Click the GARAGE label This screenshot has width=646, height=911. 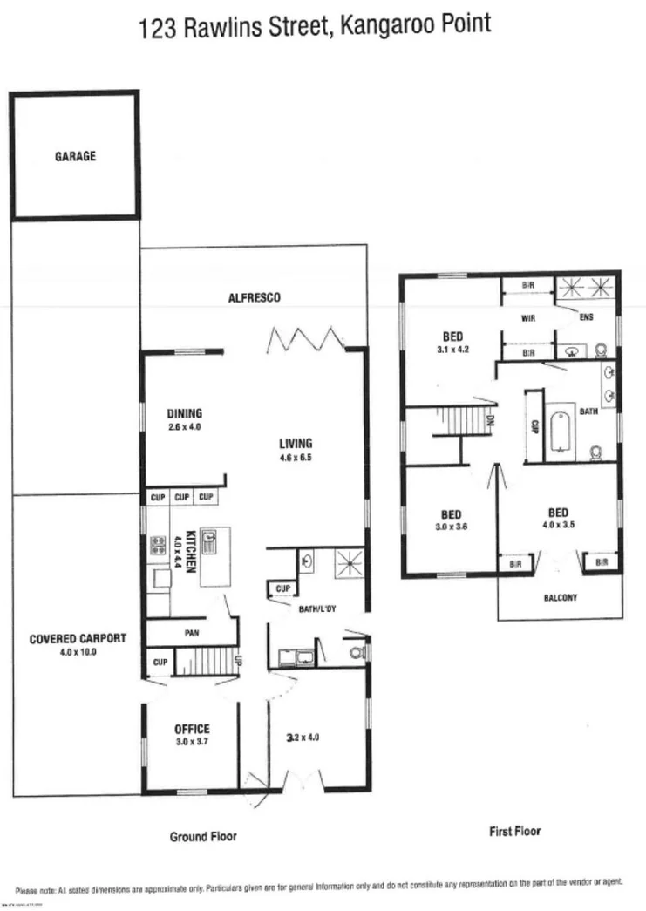tap(76, 157)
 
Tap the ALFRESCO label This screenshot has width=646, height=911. tap(254, 298)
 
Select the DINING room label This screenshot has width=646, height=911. tap(184, 413)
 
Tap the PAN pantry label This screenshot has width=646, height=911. tap(193, 634)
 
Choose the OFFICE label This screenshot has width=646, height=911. tap(192, 729)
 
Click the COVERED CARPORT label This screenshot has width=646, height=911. tap(78, 638)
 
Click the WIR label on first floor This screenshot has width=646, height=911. tap(527, 319)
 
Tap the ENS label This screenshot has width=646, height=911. tap(586, 317)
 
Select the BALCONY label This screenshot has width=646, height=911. tap(559, 598)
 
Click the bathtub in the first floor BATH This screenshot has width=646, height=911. tap(559, 432)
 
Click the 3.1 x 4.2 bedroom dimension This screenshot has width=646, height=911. tap(453, 350)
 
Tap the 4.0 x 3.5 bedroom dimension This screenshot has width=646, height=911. tap(559, 525)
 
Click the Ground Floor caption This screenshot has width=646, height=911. tap(203, 836)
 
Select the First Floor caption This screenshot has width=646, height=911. tap(514, 831)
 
